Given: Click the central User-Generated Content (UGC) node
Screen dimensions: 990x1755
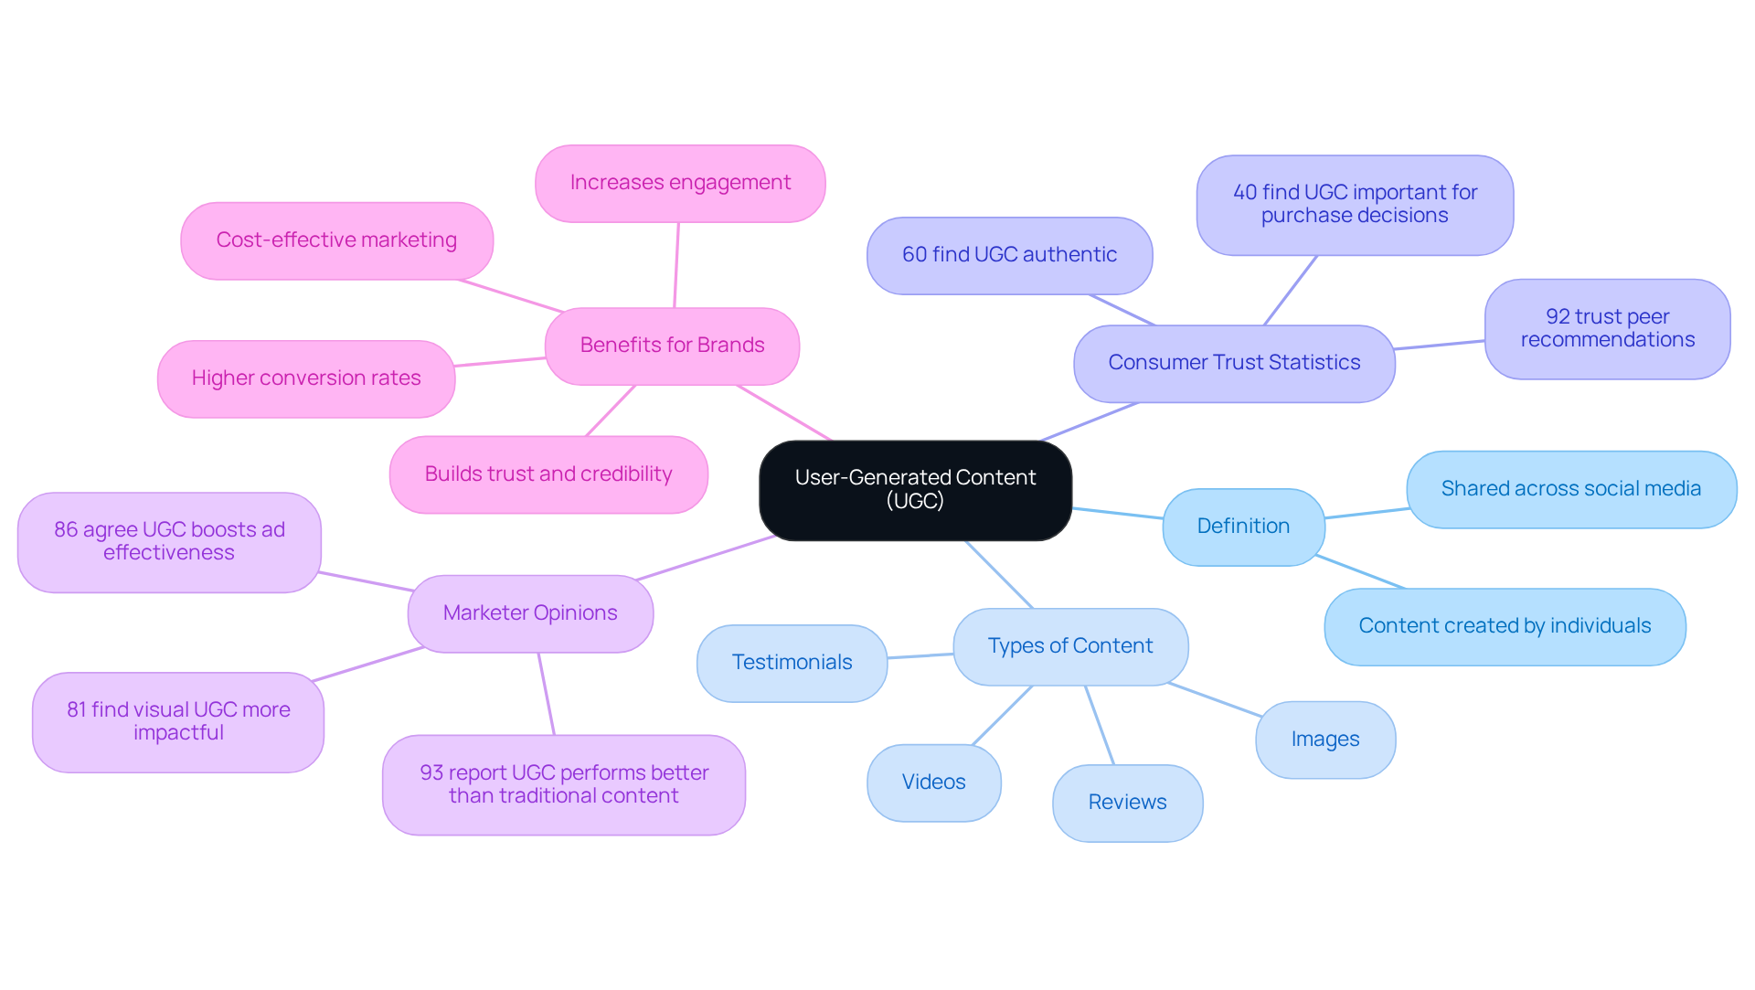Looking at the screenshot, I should pos(915,490).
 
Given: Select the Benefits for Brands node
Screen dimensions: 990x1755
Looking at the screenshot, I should pos(672,346).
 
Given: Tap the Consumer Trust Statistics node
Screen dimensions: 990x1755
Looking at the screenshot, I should pos(1234,363).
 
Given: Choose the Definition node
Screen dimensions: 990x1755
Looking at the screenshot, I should pos(1243,527).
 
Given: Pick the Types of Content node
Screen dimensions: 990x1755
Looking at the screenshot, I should pos(1070,646).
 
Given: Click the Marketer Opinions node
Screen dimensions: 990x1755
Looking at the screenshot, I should pos(530,613).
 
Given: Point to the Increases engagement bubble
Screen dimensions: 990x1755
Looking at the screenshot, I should pos(680,183).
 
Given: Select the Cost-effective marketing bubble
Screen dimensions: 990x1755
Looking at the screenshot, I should pos(336,240).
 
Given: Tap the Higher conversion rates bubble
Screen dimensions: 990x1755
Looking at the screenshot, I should pos(306,378).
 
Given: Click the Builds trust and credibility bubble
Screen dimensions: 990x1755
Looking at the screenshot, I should pos(548,474).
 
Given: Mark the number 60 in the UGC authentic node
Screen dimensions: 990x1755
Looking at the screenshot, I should pos(914,255).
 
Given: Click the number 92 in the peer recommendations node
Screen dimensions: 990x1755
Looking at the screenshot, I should pos(1557,317).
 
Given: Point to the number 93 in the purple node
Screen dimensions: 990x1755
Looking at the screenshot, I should pos(431,773).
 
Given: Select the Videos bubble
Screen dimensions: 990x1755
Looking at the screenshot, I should pos(933,782).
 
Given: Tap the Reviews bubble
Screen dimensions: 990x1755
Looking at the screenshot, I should pos(1127,803).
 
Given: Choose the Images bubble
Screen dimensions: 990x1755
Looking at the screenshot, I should pos(1325,740).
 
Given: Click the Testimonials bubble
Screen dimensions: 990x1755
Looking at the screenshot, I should pos(792,663).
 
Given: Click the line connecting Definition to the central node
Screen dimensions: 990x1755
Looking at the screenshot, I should pos(1117,513).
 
